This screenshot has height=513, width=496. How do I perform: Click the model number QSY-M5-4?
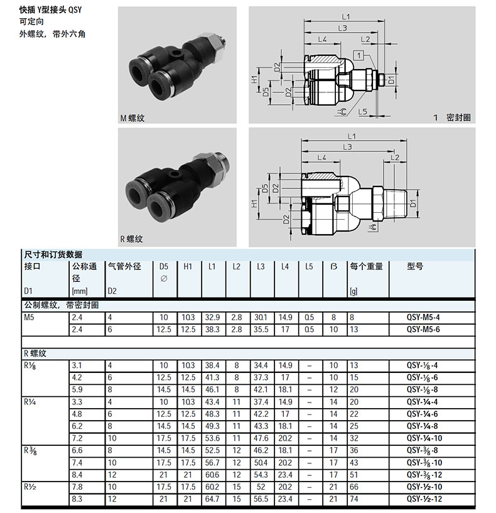tap(423, 317)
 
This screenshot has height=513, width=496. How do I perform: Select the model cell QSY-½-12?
tap(424, 499)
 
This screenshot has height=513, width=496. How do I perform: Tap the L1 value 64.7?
tap(212, 499)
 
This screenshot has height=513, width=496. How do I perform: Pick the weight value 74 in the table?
tap(354, 499)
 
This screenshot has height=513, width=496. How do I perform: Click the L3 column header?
tap(261, 267)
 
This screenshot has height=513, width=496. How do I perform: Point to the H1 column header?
tap(188, 267)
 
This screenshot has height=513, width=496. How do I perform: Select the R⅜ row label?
tap(30, 451)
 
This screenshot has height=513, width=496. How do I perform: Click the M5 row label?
tap(29, 317)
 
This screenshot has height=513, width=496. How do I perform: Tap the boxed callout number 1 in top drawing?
tap(359, 55)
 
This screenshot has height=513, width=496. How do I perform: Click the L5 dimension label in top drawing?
tap(362, 112)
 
